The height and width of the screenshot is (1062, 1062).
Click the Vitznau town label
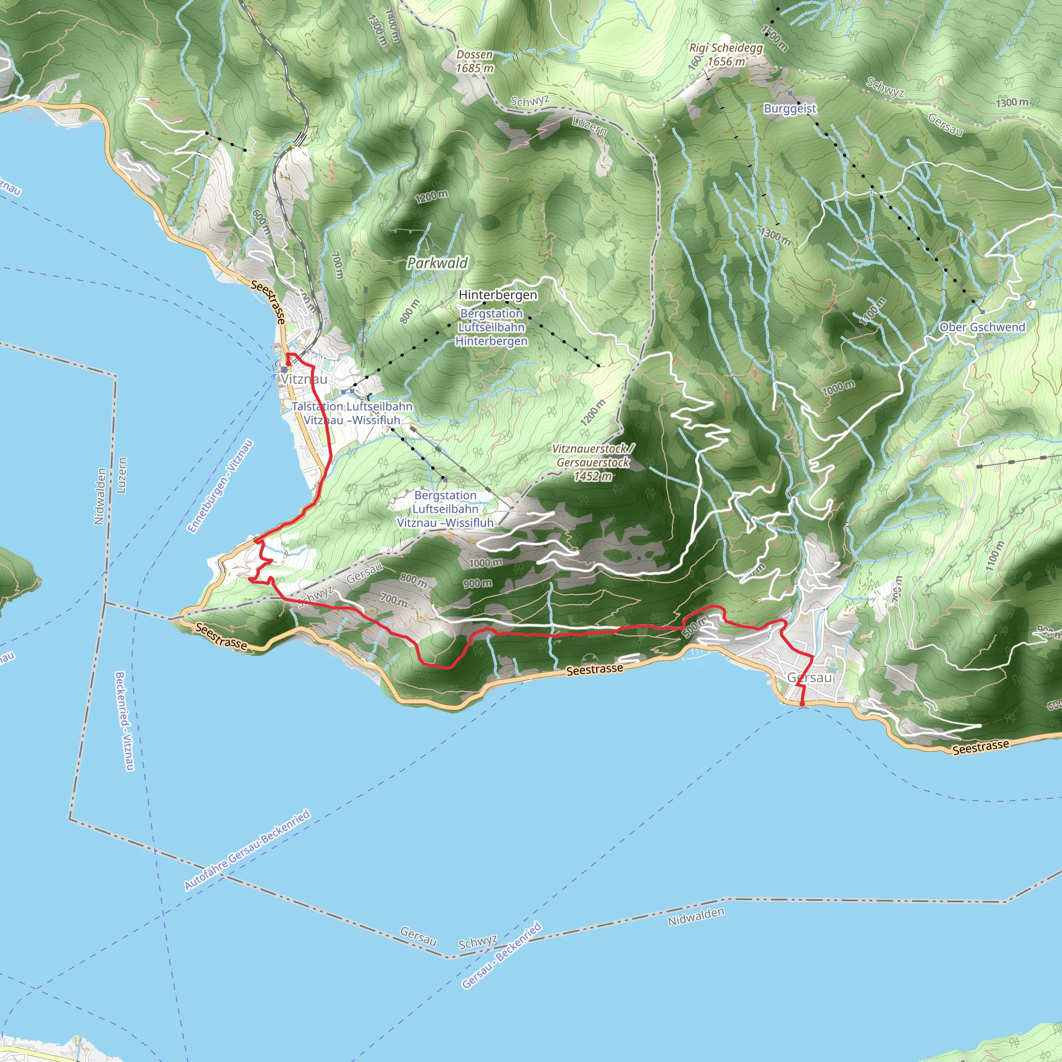click(303, 379)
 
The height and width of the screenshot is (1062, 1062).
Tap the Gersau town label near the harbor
click(809, 678)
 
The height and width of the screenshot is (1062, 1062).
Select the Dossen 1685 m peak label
click(474, 62)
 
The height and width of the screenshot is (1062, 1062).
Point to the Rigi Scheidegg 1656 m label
click(726, 54)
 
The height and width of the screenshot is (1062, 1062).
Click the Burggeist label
click(790, 108)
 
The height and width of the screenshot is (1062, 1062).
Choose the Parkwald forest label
click(437, 263)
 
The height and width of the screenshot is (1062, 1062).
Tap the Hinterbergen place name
click(497, 295)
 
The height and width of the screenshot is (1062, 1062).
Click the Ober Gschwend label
click(982, 327)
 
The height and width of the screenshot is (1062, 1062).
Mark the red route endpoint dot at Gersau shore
click(802, 704)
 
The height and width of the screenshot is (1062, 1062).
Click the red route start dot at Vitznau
click(288, 364)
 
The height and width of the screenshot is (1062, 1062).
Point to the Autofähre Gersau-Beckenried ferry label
click(247, 850)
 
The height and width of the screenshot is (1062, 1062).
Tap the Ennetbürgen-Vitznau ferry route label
click(220, 486)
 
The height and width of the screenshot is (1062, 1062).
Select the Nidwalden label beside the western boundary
click(100, 496)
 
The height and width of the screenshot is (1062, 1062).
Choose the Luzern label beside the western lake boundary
click(122, 475)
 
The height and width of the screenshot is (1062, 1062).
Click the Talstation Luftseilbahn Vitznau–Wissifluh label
click(352, 413)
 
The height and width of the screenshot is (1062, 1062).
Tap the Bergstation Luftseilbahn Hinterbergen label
click(492, 327)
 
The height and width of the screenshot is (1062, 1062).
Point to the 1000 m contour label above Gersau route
click(485, 562)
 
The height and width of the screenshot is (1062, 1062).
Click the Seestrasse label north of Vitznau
click(269, 301)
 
